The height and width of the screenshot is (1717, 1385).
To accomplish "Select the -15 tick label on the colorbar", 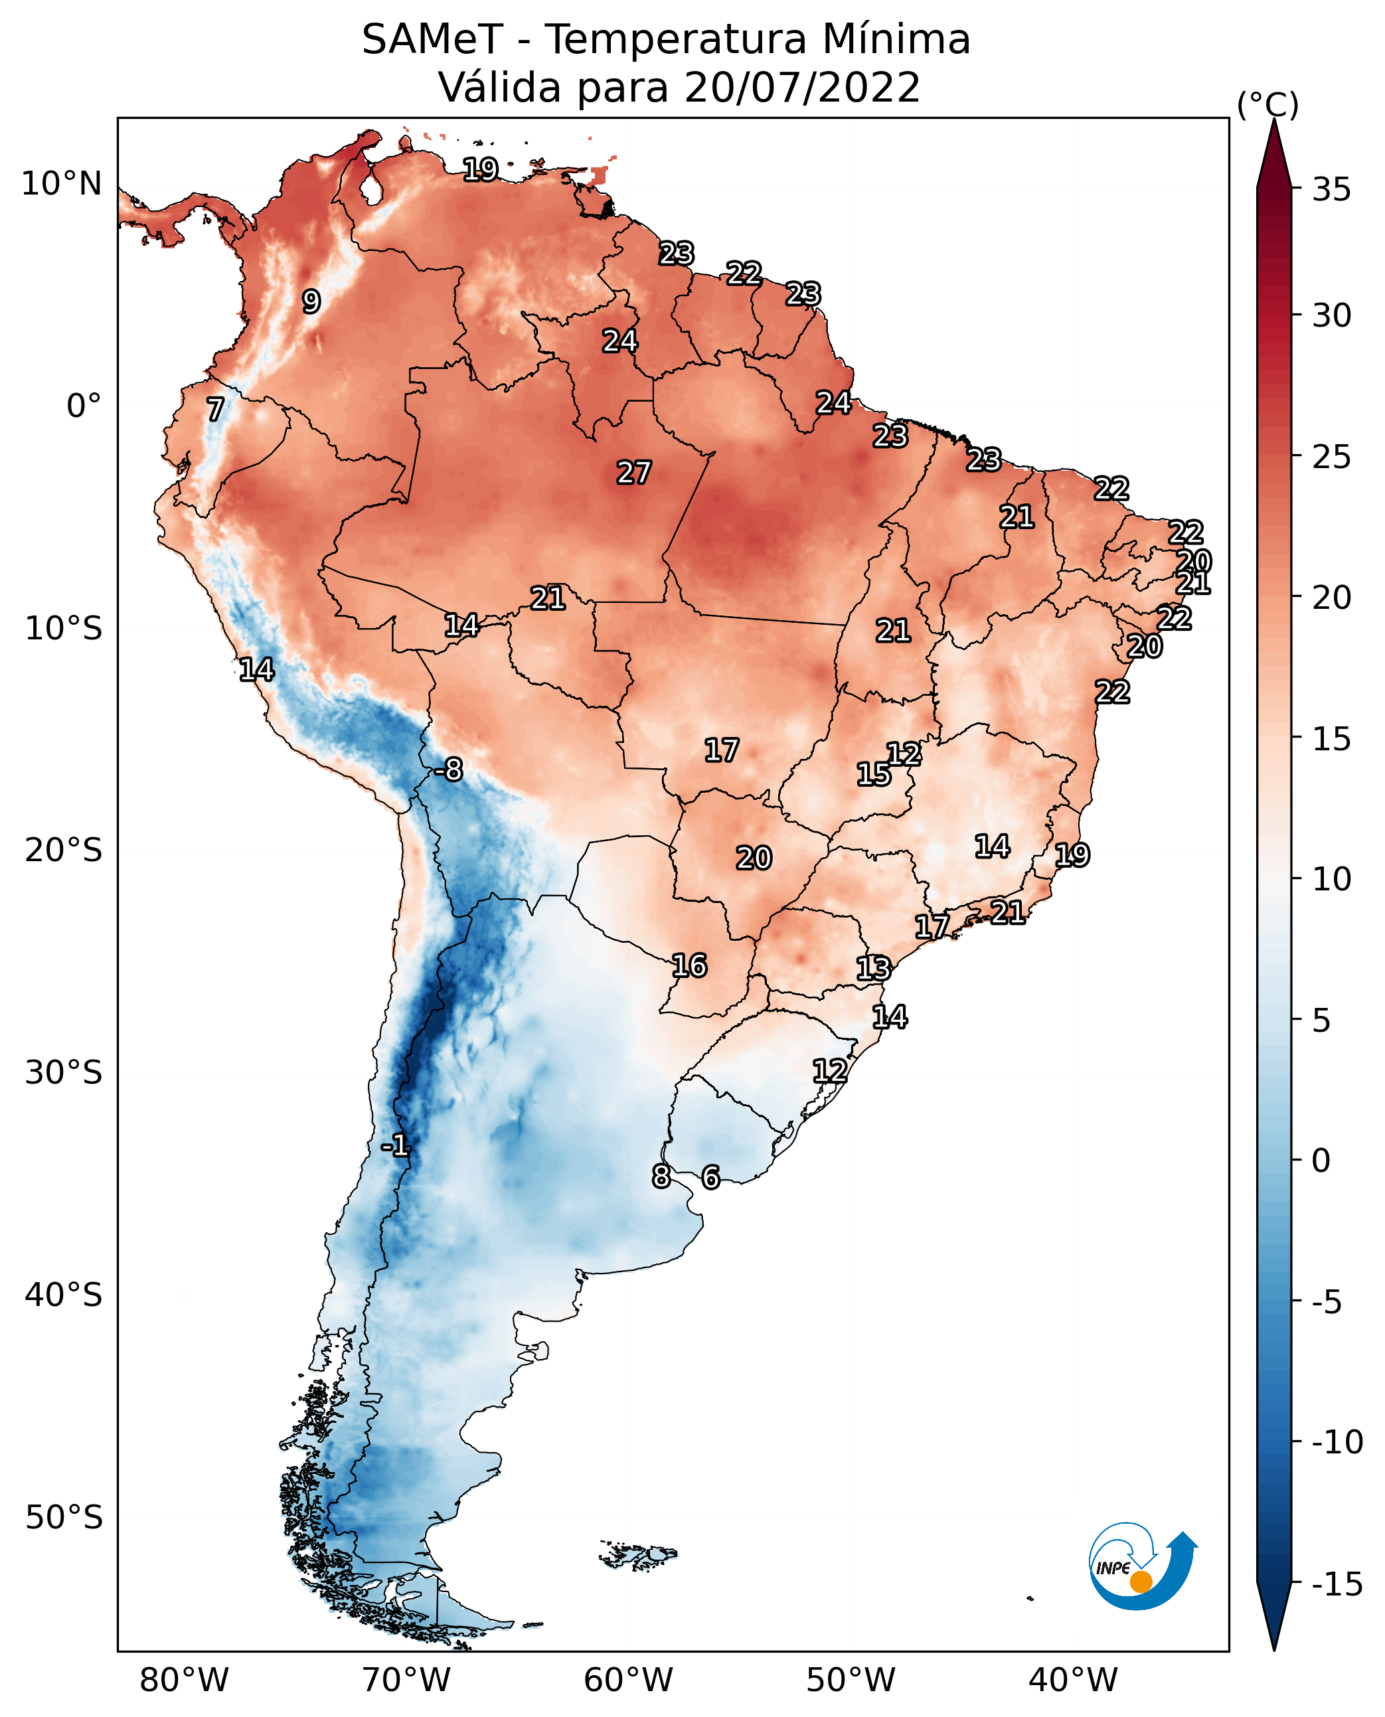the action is coord(1337,1584).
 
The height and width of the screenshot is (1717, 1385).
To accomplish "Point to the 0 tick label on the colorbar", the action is coord(1321,1160).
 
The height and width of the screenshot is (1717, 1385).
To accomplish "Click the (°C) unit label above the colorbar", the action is coord(1267,104).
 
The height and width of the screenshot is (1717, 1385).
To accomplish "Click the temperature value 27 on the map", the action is coord(634,472).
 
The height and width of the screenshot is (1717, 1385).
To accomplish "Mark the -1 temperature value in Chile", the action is coord(395,1147).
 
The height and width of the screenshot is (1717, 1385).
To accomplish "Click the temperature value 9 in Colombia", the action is coord(311,301).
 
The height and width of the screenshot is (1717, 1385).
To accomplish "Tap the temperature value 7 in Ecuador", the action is coord(215,409).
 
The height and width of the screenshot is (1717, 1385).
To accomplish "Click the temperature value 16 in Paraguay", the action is coord(689,965).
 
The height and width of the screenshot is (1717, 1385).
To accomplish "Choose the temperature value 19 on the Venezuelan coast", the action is coord(481,169).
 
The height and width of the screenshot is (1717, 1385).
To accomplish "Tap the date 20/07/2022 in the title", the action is coord(803,87).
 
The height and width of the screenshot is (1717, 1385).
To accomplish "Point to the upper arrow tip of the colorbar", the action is coord(1274,120).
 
